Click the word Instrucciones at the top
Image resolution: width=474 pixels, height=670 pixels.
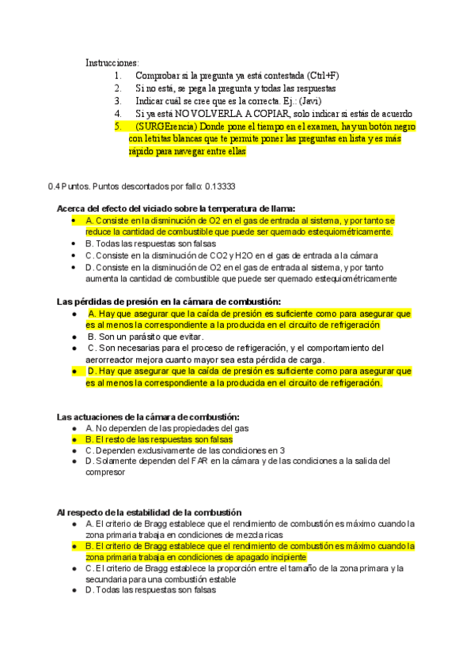pos(112,62)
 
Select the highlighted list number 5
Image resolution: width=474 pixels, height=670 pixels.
pos(117,126)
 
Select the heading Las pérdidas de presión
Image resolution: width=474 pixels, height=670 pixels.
pos(169,301)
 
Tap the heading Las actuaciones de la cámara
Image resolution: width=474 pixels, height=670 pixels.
pos(148,416)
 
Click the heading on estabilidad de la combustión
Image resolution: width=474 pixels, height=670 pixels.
pos(149,512)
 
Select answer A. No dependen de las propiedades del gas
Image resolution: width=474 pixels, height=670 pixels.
pos(167,427)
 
